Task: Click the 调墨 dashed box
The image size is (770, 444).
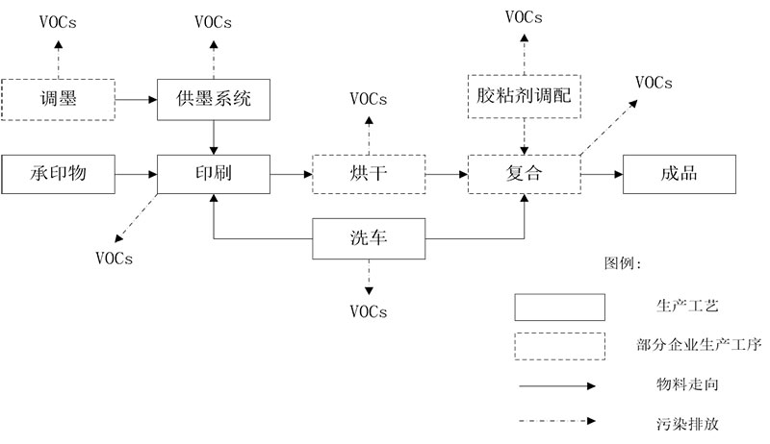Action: [58, 98]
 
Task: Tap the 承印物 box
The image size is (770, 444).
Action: [58, 174]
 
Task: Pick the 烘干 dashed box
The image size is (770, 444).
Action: [369, 174]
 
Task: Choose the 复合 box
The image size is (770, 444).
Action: [525, 174]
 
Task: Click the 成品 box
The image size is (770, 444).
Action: [680, 174]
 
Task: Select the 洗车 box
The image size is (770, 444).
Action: [369, 237]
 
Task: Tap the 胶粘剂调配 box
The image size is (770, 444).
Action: [525, 96]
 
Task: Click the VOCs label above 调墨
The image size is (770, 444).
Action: [58, 21]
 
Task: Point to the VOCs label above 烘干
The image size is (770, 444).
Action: [369, 98]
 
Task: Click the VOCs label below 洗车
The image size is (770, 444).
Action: [369, 311]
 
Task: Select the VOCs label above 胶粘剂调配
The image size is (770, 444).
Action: [525, 16]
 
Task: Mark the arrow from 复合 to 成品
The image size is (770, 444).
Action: [602, 174]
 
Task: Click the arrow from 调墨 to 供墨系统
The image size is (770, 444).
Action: [137, 98]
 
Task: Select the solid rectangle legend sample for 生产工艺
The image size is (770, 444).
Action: [559, 307]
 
